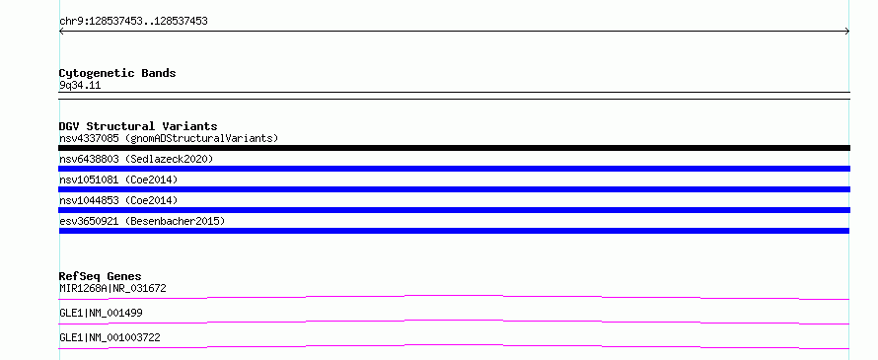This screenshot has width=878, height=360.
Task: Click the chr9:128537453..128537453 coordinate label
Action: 133,22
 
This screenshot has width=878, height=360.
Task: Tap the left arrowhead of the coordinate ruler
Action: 61,32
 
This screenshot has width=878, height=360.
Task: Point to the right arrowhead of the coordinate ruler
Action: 847,32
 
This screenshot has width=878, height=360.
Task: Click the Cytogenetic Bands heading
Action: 117,73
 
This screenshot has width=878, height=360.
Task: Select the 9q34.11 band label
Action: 80,86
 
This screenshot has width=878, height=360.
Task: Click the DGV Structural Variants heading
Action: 138,126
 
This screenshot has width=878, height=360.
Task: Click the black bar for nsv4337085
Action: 454,148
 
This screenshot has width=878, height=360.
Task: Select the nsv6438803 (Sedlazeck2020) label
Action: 136,159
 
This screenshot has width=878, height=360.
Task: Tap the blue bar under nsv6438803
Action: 454,169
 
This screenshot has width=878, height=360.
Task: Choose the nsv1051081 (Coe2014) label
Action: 118,180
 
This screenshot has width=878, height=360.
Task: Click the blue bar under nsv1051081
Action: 454,189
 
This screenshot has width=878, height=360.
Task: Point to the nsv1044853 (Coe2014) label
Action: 118,200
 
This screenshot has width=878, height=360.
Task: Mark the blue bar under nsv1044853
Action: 454,210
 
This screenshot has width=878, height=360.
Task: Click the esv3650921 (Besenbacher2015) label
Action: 142,221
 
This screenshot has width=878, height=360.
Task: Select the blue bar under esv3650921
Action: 454,231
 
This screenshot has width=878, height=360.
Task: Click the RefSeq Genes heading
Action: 101,276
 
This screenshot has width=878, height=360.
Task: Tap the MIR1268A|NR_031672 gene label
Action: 112,288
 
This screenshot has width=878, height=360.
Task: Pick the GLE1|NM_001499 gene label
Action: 101,313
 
